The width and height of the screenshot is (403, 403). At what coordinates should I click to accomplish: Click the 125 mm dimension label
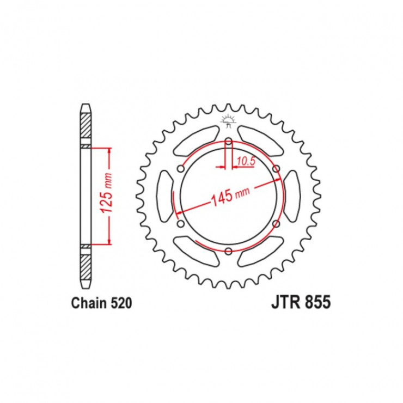click(x=107, y=193)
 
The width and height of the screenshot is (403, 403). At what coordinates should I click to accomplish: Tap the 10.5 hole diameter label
click(x=246, y=161)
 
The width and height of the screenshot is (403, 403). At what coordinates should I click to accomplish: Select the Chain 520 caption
click(x=101, y=303)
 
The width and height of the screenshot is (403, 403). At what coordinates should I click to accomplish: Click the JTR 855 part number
click(x=301, y=302)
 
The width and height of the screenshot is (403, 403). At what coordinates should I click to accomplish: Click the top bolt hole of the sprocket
click(x=229, y=142)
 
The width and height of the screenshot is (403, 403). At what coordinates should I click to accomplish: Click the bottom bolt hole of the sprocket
click(x=229, y=252)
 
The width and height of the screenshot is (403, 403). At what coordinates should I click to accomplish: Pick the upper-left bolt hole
click(x=181, y=169)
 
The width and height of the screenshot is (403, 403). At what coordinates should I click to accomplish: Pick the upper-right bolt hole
click(x=276, y=169)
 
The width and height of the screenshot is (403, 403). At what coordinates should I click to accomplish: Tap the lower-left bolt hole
click(x=181, y=224)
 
